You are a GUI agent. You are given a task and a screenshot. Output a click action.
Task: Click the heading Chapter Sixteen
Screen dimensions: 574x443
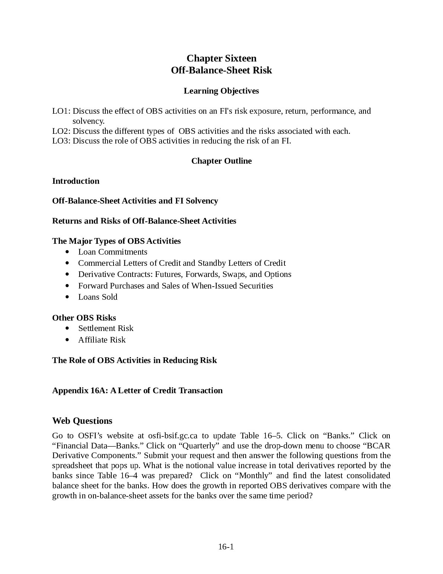(221, 58)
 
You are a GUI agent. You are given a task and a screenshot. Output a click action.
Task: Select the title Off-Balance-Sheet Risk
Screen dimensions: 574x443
(221, 70)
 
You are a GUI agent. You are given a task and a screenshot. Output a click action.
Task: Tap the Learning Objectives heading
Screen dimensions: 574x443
(221, 91)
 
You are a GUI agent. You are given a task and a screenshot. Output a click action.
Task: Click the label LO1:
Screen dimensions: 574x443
(61, 111)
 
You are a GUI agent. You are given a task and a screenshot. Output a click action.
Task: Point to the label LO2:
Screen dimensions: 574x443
(61, 131)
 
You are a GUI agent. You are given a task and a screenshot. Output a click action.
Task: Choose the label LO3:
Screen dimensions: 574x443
(61, 141)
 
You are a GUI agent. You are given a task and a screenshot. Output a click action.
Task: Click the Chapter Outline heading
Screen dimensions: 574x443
(221, 161)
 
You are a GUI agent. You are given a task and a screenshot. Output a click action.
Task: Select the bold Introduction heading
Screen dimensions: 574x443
(76, 181)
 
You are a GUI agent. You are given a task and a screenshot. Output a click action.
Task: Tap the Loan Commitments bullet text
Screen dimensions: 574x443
(112, 252)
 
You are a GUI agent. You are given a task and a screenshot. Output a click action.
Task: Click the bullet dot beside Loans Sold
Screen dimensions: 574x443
(67, 297)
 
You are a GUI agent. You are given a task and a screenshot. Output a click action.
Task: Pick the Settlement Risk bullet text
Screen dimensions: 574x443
(106, 328)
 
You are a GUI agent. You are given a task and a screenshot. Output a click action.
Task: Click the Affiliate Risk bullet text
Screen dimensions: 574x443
(102, 340)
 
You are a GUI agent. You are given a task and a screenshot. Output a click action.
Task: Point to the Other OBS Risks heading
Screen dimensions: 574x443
(84, 318)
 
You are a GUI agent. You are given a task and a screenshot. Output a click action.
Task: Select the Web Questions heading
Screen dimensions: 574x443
(82, 421)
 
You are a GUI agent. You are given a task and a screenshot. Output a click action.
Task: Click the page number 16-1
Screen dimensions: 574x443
(226, 547)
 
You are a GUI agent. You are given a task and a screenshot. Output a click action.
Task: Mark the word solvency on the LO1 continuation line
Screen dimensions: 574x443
(88, 121)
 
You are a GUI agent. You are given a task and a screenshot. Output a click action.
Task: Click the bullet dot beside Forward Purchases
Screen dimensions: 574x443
(67, 286)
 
